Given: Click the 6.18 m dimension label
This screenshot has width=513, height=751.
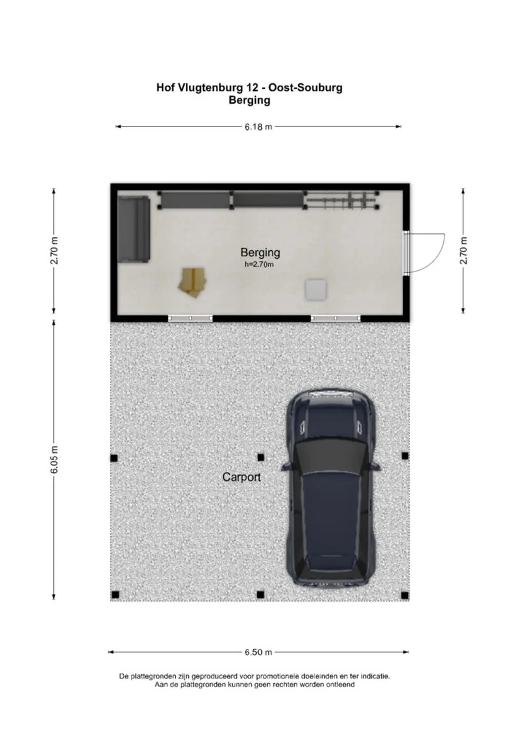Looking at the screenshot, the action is [258, 127].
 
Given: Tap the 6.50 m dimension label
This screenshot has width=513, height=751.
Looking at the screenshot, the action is [258, 652].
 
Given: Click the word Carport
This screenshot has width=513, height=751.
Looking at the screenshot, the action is [242, 477].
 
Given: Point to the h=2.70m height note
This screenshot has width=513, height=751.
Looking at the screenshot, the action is [259, 264].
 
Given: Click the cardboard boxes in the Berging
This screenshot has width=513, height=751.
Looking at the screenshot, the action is [192, 282].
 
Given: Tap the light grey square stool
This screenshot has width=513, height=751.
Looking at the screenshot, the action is [315, 289].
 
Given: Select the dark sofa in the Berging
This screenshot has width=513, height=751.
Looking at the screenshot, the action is [134, 229].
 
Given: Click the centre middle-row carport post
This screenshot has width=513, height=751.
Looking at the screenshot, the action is [261, 457].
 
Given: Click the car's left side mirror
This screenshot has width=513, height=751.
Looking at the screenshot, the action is [287, 466].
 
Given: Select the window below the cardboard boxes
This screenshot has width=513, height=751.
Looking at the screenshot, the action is [190, 318].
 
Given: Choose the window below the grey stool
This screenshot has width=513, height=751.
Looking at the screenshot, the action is [336, 318].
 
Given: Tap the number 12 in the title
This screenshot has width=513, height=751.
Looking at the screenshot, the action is [251, 88].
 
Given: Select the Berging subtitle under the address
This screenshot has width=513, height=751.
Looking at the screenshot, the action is [249, 101].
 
